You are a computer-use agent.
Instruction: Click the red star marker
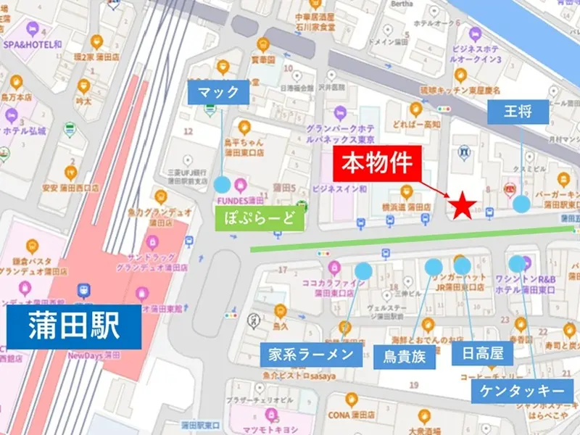(x=462, y=207)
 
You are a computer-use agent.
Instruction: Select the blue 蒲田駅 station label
(x=75, y=327)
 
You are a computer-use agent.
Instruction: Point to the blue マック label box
(x=219, y=93)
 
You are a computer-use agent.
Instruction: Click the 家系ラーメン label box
(x=311, y=354)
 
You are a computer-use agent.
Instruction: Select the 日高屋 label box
(x=482, y=354)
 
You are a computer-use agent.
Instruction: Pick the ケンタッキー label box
(x=523, y=391)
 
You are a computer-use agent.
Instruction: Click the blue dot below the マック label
(x=222, y=185)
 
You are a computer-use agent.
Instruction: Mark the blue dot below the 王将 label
(x=521, y=204)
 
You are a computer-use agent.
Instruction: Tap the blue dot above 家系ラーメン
(x=363, y=270)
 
